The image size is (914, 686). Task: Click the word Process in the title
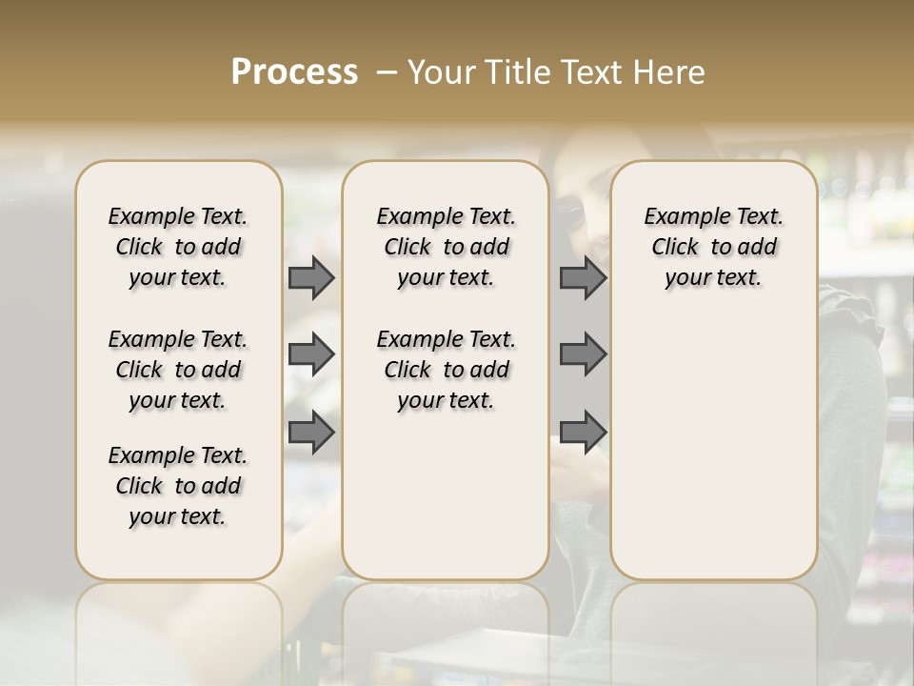tap(294, 72)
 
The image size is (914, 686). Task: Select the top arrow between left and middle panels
tap(311, 278)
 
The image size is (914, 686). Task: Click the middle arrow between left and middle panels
tap(311, 354)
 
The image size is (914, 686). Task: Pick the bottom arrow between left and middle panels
tap(311, 433)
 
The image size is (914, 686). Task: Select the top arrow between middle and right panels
tap(583, 278)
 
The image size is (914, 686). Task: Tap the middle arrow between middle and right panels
tap(583, 354)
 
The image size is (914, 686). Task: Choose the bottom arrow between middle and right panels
tap(583, 433)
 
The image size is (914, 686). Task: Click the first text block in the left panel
tap(178, 247)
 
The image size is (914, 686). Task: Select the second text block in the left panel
tap(178, 370)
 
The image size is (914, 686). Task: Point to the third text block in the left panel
tap(178, 486)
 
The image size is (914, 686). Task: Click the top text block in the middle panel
tap(446, 247)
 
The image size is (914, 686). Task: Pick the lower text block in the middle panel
tap(446, 370)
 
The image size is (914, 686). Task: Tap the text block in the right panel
tap(714, 247)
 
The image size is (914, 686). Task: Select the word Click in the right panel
tap(675, 248)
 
